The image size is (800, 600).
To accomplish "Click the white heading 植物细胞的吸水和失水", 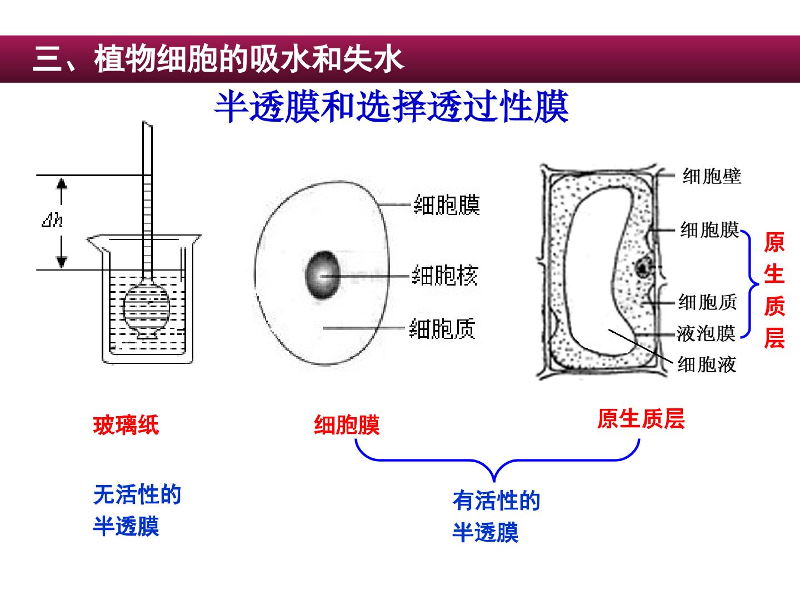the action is click(249, 59).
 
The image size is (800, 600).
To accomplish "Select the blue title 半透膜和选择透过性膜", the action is click(392, 107).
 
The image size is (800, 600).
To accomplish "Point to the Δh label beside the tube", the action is click(52, 220).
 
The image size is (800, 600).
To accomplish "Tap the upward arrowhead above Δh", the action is click(62, 183).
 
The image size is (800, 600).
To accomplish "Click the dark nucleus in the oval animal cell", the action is click(322, 275).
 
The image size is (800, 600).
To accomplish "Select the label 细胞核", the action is click(444, 276).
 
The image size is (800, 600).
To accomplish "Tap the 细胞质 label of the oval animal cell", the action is click(442, 328).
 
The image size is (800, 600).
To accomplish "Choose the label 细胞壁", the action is click(712, 176).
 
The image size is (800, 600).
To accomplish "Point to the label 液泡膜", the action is click(706, 333).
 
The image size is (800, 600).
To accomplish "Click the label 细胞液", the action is click(707, 364).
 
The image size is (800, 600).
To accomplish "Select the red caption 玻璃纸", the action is click(126, 425).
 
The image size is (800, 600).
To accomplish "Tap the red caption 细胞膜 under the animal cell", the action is click(347, 425).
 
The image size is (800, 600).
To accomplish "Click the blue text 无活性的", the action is click(137, 494).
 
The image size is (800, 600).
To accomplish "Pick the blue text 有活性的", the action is click(497, 501).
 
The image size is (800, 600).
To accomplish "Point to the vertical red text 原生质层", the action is click(774, 290).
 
